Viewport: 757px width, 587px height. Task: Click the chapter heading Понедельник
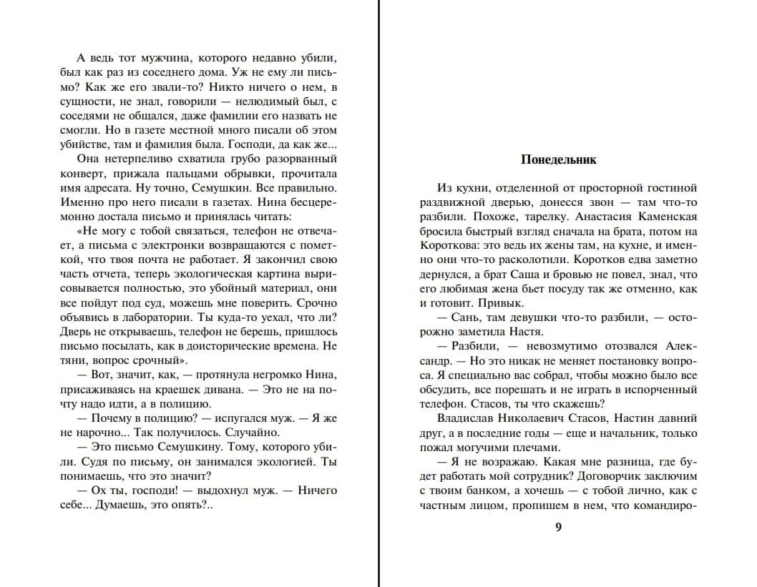(559, 159)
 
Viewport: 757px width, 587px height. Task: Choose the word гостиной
(671, 188)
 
